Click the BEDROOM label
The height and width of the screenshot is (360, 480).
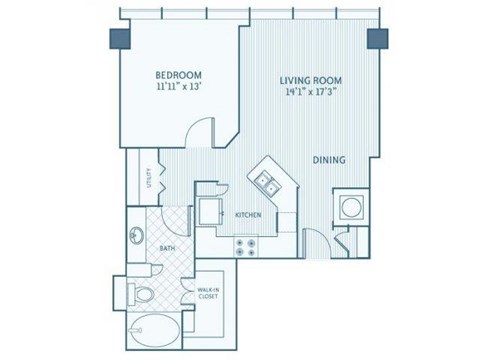(180, 74)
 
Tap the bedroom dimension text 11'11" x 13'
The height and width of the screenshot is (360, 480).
(180, 88)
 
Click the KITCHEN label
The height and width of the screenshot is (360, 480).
(248, 215)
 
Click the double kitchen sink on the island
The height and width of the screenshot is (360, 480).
(266, 181)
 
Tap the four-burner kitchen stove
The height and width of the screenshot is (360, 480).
(245, 244)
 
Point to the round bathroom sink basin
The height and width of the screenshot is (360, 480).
(137, 236)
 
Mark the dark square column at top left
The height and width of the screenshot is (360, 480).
(117, 37)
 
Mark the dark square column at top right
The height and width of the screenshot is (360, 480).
(377, 38)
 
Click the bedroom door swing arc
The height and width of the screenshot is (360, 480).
(203, 135)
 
